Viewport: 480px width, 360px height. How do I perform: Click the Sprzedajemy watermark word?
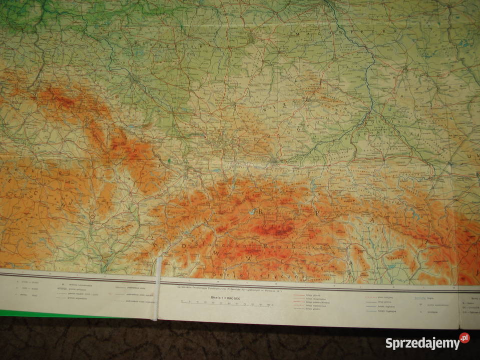422,343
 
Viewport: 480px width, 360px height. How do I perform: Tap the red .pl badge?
464,338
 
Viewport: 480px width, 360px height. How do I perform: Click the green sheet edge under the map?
50,313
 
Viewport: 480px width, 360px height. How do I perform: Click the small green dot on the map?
169,160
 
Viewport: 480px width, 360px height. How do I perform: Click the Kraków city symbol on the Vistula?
274,160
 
